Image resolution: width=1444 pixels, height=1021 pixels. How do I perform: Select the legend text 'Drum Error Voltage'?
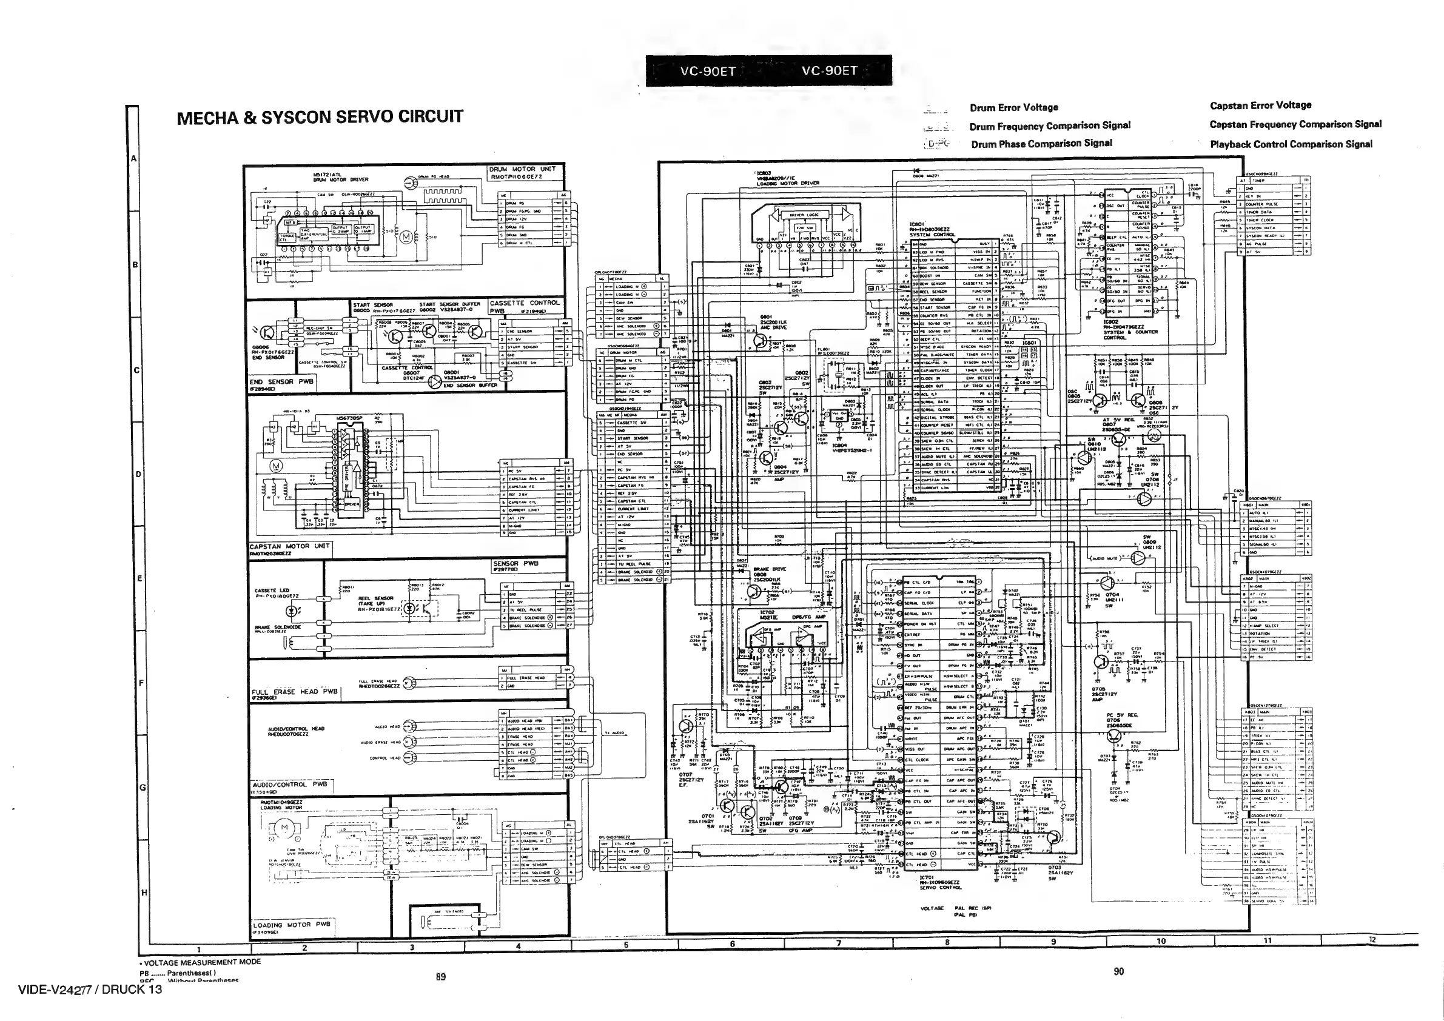tap(1013, 107)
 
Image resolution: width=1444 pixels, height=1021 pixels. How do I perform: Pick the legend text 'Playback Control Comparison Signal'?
tap(1291, 144)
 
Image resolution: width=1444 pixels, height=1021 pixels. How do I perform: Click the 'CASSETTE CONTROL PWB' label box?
tap(524, 306)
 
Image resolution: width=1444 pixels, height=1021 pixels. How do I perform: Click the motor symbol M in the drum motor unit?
tap(405, 237)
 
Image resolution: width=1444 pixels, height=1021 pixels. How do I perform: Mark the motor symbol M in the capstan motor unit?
tap(276, 466)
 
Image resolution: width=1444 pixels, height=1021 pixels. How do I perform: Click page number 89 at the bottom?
tap(440, 976)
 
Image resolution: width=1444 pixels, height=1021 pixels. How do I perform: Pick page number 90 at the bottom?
tap(1118, 971)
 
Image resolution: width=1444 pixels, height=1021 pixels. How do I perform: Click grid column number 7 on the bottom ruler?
tap(839, 943)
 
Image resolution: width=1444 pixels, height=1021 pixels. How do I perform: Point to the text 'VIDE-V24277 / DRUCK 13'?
tap(90, 989)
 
